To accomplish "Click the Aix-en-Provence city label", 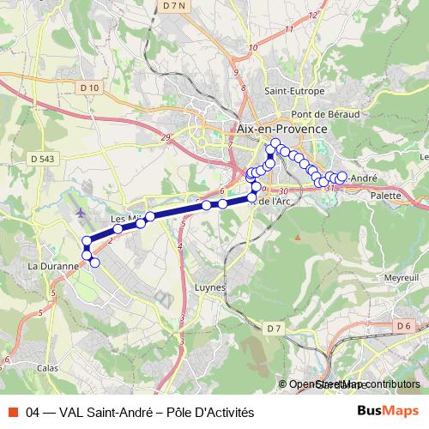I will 281,128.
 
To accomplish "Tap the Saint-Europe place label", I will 294,91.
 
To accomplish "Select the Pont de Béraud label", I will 325,113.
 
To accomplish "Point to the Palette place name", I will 386,196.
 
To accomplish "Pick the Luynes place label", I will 210,287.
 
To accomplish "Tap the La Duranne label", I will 47,266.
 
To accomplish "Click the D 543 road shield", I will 40,159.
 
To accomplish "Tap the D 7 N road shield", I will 173,8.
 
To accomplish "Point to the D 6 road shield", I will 404,325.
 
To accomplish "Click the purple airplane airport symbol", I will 81,212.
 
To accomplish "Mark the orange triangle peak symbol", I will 297,236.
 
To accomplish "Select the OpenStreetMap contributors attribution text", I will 353,384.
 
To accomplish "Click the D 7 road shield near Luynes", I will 273,329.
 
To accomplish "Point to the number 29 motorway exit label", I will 166,137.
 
